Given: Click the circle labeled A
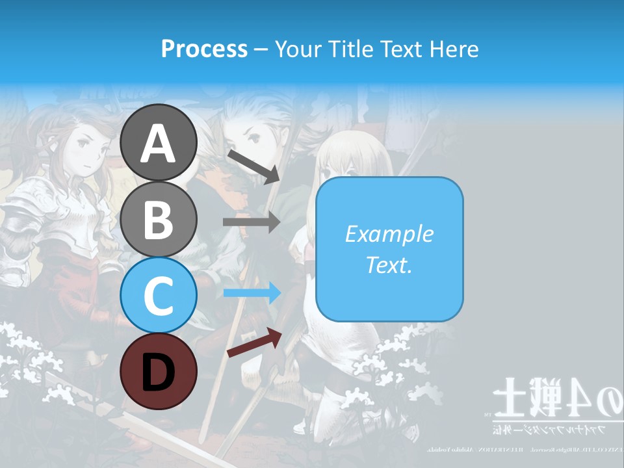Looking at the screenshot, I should click(x=159, y=143).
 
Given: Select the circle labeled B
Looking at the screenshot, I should click(x=159, y=219).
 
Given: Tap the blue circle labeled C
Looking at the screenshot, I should click(x=159, y=295).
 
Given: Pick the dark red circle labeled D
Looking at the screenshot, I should click(x=159, y=371).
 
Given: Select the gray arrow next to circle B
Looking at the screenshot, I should click(x=252, y=222).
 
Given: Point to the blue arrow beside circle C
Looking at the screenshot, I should click(x=252, y=293).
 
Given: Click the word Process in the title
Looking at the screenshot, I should click(x=204, y=49).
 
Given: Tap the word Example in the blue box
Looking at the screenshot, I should click(x=389, y=234).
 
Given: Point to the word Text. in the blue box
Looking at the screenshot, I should click(x=389, y=265).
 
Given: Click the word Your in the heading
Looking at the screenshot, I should click(x=296, y=49).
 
